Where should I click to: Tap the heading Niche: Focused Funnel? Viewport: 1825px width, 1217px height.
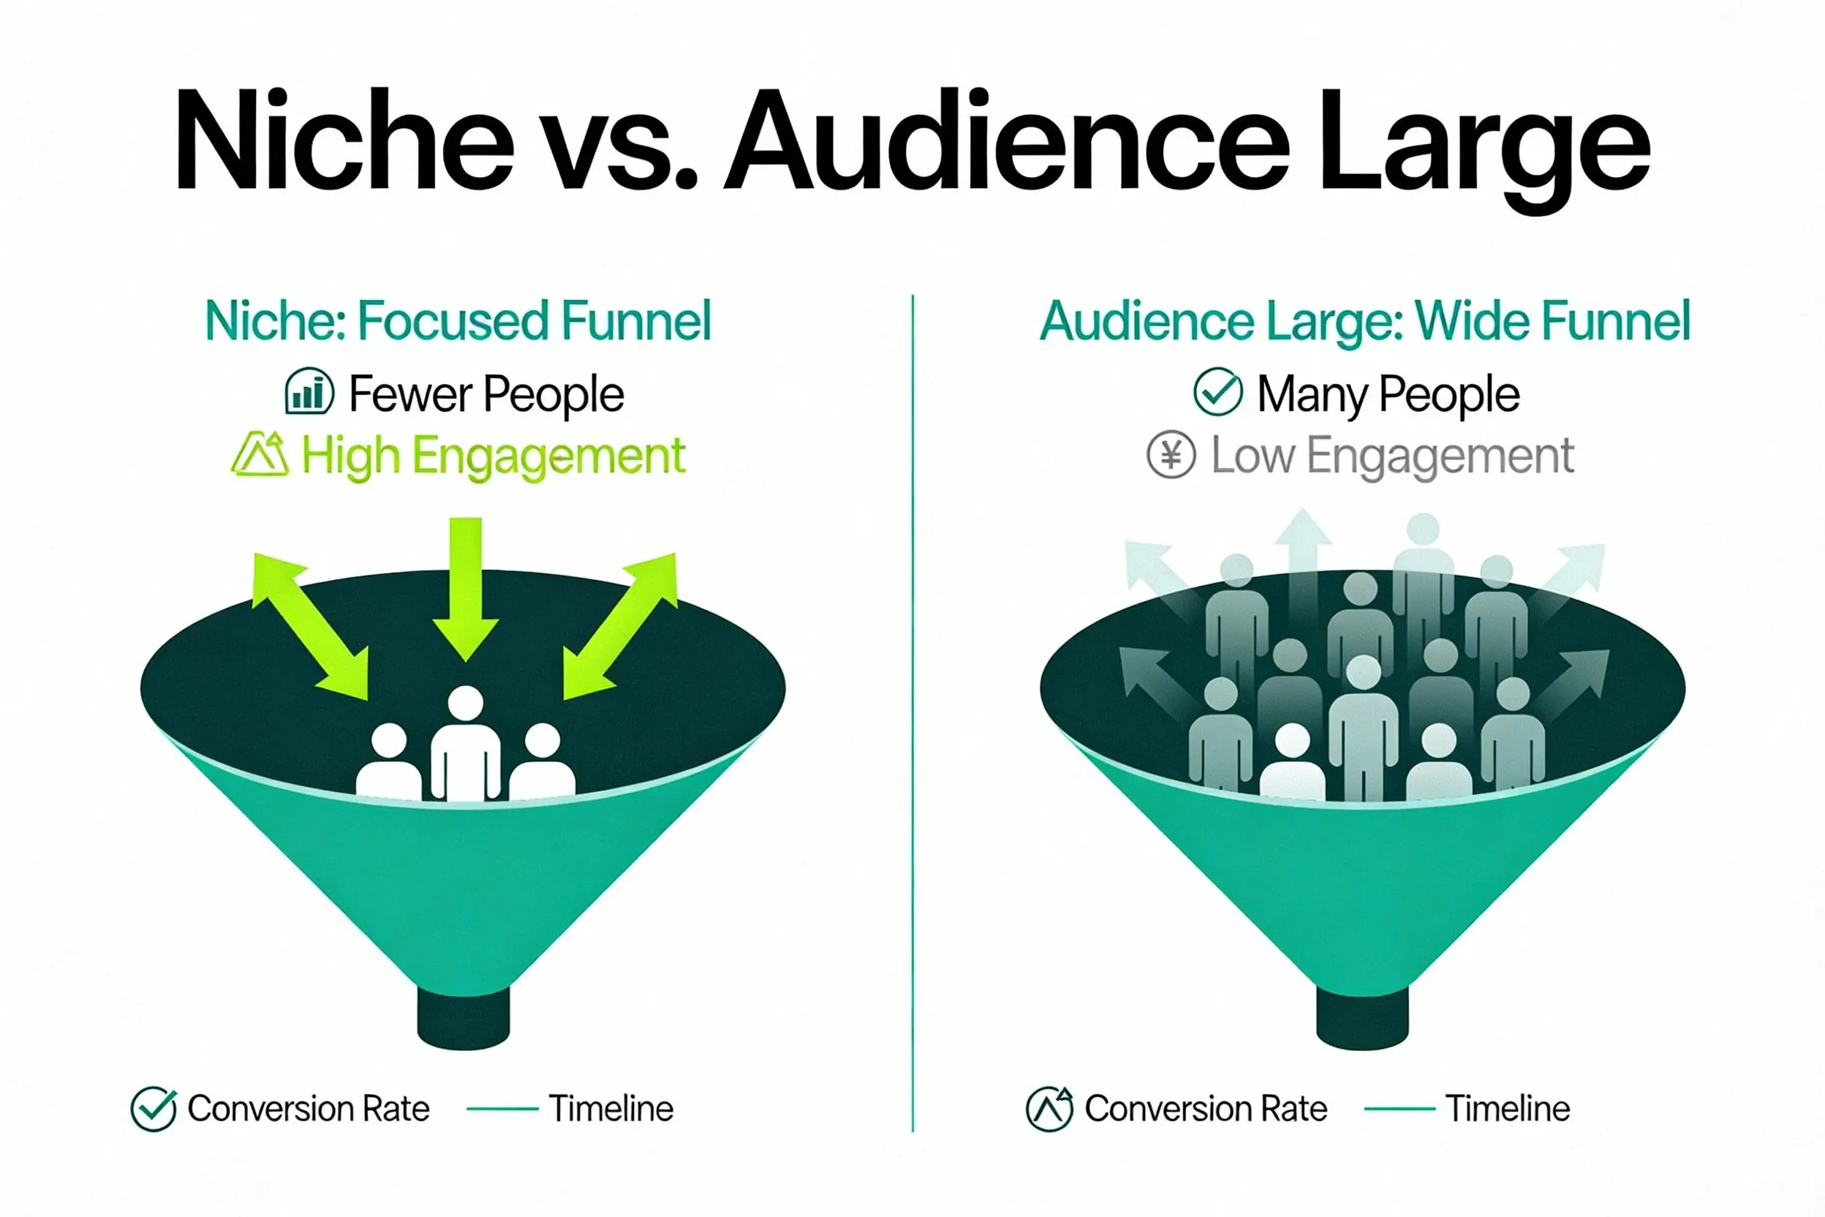[x=458, y=321]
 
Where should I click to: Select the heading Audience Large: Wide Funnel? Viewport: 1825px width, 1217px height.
[x=1365, y=321]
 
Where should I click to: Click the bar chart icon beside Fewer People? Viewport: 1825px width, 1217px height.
[x=309, y=392]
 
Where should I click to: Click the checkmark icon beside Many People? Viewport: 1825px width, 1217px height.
[x=1217, y=392]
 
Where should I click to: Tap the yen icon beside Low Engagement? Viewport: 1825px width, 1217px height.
[x=1171, y=455]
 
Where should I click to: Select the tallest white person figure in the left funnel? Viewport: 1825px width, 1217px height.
[x=466, y=745]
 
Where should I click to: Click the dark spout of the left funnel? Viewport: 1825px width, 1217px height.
[x=464, y=1018]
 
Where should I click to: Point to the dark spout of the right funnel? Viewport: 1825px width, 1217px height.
[x=1363, y=1018]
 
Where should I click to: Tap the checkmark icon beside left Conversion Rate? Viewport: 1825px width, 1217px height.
[x=154, y=1108]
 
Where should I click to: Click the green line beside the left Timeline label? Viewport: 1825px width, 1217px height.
[x=502, y=1109]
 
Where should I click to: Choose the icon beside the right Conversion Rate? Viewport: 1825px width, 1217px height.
[x=1049, y=1108]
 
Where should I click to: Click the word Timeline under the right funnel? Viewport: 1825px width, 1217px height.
[x=1508, y=1108]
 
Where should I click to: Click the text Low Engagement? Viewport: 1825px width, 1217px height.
[x=1393, y=456]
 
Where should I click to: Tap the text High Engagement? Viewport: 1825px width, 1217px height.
[x=494, y=456]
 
